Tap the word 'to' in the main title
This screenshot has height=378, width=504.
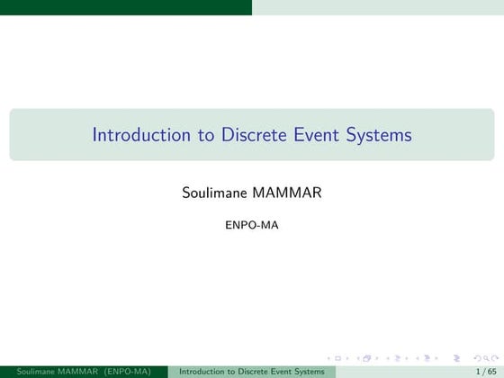point(207,135)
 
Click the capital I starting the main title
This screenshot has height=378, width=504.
point(94,135)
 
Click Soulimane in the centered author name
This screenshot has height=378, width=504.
point(215,193)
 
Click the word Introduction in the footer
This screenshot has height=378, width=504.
point(202,371)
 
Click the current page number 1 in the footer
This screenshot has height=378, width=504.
point(477,371)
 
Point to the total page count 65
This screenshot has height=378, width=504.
point(491,371)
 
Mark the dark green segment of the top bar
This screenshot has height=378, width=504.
point(126,7)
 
